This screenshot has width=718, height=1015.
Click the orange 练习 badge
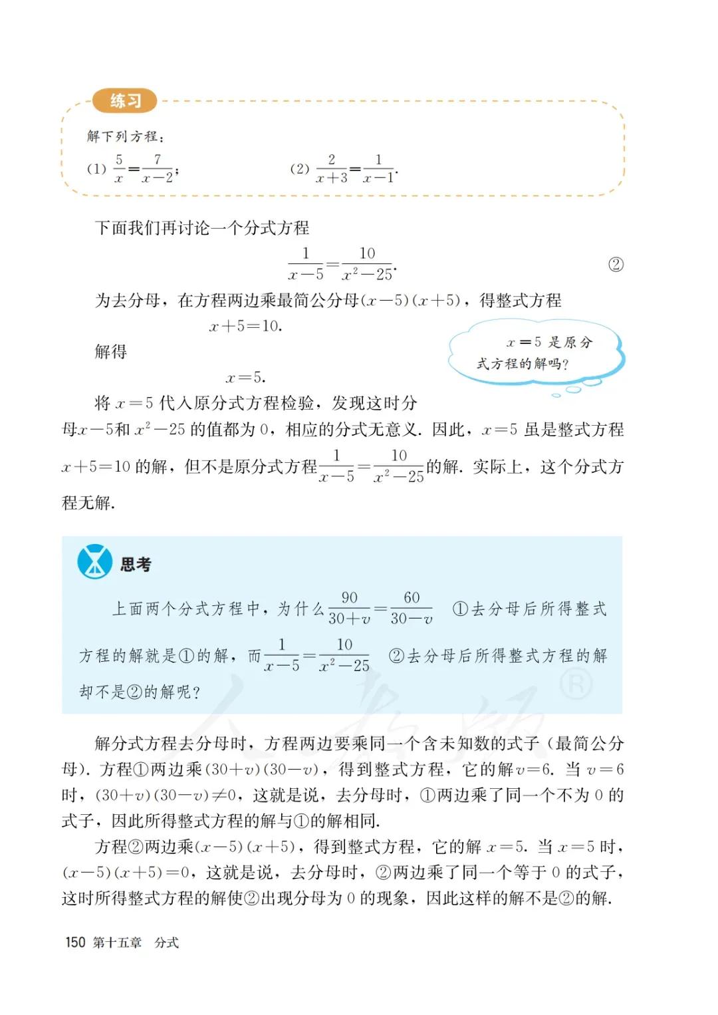[x=125, y=100]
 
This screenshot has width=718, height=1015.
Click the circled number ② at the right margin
[x=616, y=265]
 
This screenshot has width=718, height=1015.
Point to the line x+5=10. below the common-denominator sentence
[x=245, y=326]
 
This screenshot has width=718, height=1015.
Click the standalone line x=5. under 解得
[x=245, y=378]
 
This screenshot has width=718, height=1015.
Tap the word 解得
[x=111, y=352]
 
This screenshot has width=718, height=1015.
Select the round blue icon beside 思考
[x=94, y=562]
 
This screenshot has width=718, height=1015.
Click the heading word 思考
[x=136, y=565]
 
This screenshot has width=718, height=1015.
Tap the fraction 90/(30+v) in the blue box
[x=349, y=608]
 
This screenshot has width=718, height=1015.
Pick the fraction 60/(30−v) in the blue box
[x=412, y=608]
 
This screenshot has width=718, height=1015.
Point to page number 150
[x=75, y=942]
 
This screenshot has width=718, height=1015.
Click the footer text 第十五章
[x=118, y=942]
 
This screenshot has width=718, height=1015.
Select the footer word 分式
[x=166, y=942]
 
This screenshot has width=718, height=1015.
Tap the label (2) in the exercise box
[x=300, y=169]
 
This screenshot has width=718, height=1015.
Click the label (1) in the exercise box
[x=96, y=169]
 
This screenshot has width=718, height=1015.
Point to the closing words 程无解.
[x=88, y=502]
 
